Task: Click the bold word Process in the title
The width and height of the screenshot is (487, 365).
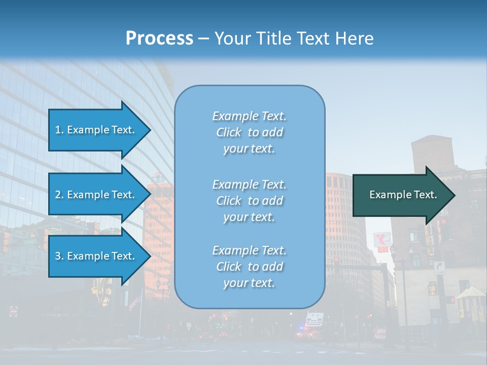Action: tap(159, 39)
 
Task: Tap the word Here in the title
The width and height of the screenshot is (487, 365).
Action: tap(354, 39)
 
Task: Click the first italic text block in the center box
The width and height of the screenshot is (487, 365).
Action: tap(249, 132)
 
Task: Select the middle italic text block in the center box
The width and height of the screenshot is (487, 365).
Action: tap(249, 201)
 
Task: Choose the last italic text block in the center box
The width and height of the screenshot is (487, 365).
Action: tap(249, 267)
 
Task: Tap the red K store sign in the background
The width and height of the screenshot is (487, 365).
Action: tap(381, 240)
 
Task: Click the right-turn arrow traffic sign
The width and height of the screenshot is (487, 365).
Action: tap(439, 267)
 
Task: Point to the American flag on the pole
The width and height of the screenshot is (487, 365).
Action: tap(134, 303)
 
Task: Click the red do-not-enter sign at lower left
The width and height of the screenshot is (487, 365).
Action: tap(14, 311)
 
